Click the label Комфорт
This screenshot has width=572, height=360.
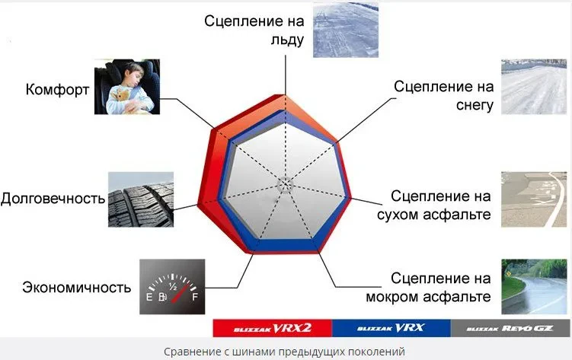click(57, 89)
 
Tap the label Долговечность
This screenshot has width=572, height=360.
click(53, 199)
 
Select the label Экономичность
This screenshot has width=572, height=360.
click(77, 287)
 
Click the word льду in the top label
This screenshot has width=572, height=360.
click(287, 40)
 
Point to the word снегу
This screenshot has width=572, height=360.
click(475, 105)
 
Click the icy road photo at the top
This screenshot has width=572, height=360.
click(346, 30)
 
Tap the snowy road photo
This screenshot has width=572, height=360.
click(534, 87)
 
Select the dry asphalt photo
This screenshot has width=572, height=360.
click(534, 199)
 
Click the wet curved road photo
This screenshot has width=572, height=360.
click(534, 286)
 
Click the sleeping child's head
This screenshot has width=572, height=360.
click(135, 75)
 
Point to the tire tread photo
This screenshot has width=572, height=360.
click(141, 199)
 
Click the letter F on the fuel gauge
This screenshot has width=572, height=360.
click(195, 297)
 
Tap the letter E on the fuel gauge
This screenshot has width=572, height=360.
click(149, 297)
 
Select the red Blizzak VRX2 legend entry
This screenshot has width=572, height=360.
click(273, 328)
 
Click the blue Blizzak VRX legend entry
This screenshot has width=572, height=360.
click(391, 328)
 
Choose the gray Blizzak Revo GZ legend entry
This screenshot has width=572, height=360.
click(510, 328)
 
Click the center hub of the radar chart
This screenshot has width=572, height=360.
click(285, 185)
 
